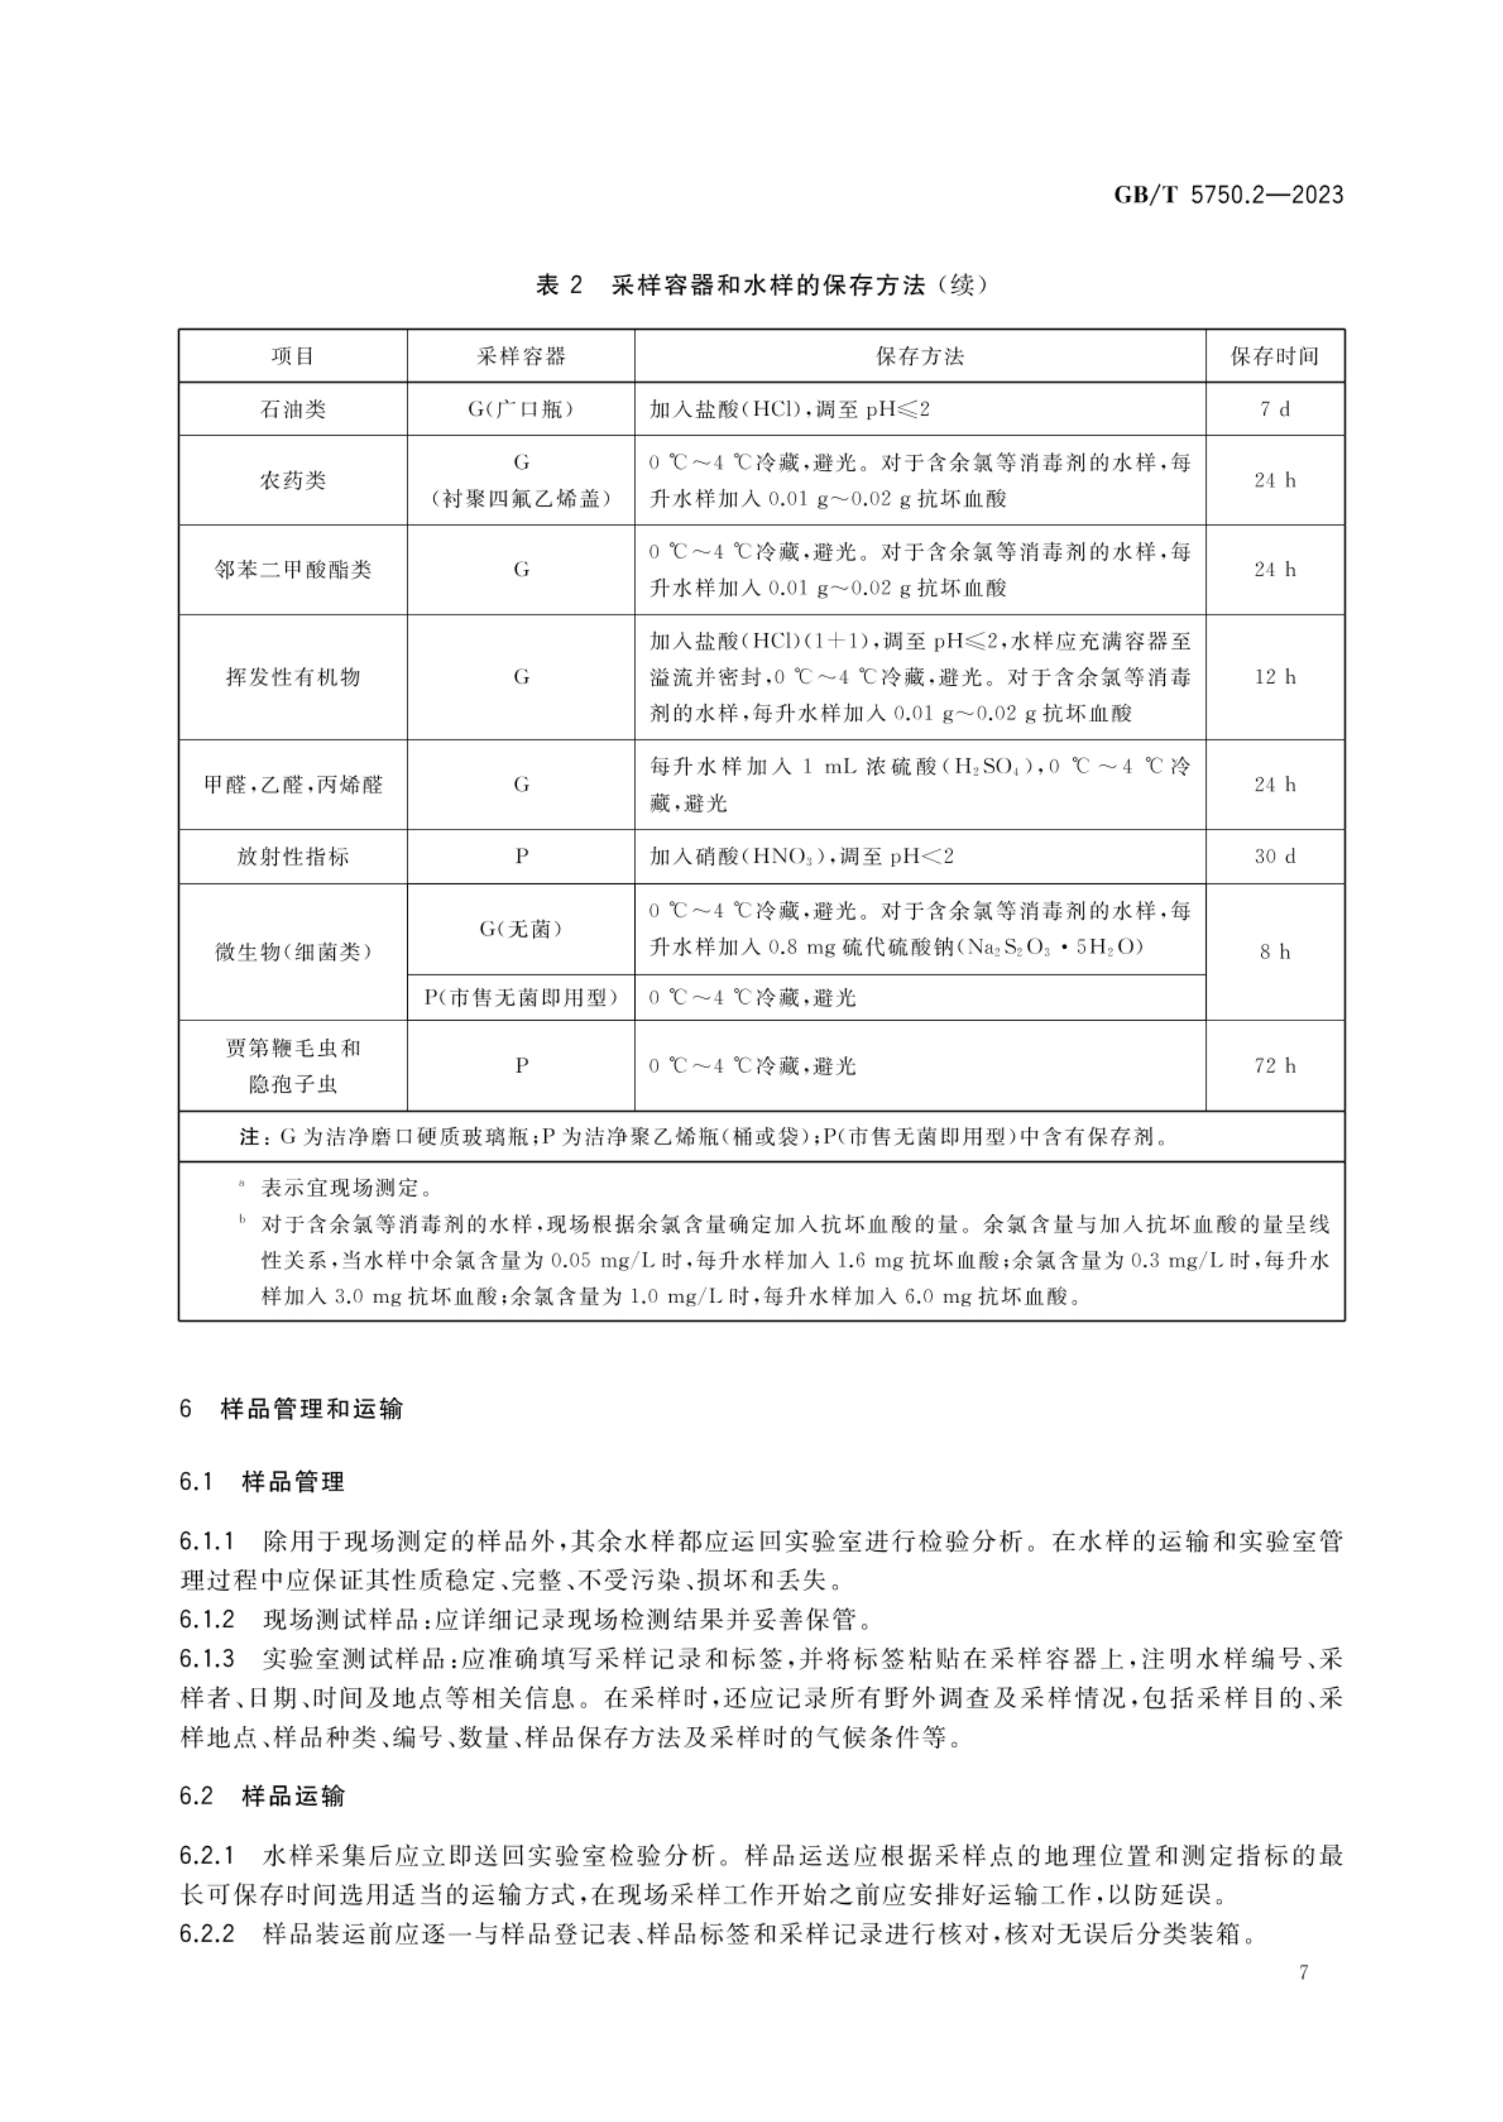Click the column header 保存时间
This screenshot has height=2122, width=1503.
[x=1273, y=356]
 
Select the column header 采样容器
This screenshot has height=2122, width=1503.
[x=521, y=356]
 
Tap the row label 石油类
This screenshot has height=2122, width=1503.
[x=293, y=409]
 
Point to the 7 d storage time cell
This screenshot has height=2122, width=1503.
[x=1274, y=409]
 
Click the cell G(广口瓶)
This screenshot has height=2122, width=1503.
[x=521, y=409]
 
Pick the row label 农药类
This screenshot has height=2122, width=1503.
[x=293, y=480]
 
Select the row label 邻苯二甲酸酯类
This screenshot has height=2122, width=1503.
[x=293, y=570]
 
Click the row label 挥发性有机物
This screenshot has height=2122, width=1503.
[x=293, y=677]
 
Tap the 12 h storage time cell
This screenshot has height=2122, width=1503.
[x=1274, y=677]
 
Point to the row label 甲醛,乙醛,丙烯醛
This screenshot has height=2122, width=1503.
[x=293, y=785]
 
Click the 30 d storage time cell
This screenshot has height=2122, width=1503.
[x=1274, y=857]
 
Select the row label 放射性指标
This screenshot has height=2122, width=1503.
[x=293, y=857]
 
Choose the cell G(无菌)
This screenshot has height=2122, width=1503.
[x=521, y=929]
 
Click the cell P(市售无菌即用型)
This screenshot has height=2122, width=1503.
[x=521, y=998]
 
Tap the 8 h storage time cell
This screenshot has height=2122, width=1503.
[x=1274, y=952]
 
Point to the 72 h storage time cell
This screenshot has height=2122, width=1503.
[x=1274, y=1066]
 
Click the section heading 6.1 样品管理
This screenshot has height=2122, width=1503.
[x=262, y=1482]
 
